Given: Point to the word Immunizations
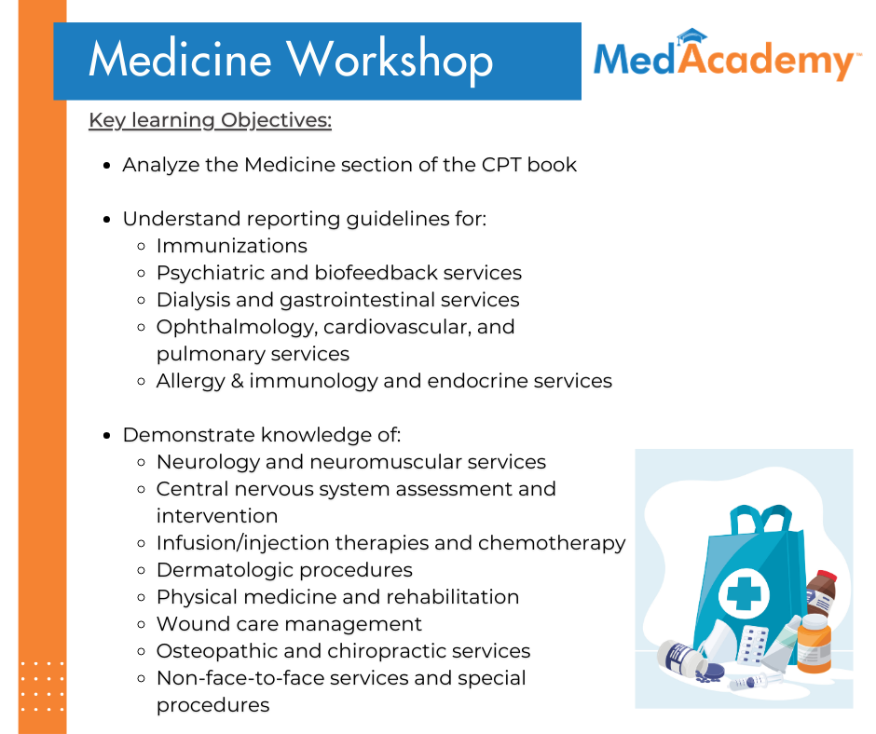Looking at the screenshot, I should click(231, 246).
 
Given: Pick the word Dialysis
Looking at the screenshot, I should click(192, 300).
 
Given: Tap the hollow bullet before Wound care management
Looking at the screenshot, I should click(141, 624).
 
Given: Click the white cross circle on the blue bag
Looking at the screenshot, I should click(742, 590).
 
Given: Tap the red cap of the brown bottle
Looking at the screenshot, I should click(825, 577).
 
